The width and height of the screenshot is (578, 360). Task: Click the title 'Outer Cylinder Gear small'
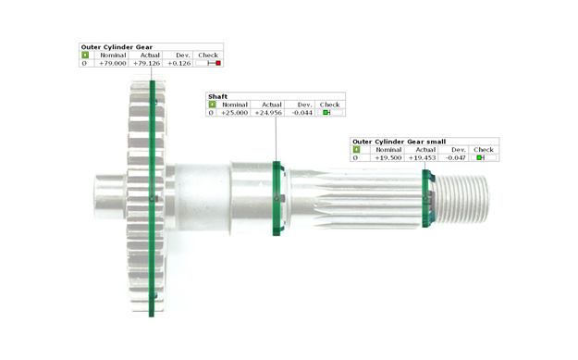pyautogui.click(x=399, y=142)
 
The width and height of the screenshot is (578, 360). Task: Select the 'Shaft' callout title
pyautogui.click(x=218, y=96)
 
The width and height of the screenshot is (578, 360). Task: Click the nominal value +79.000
pyautogui.click(x=113, y=64)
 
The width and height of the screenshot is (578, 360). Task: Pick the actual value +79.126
pyautogui.click(x=146, y=64)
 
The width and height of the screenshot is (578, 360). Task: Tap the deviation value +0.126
pyautogui.click(x=179, y=64)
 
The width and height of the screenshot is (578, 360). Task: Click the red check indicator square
pyautogui.click(x=218, y=63)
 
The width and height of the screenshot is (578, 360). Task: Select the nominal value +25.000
pyautogui.click(x=234, y=113)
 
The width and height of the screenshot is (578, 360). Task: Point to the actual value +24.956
pyautogui.click(x=268, y=113)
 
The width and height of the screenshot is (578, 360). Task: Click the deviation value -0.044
pyautogui.click(x=301, y=113)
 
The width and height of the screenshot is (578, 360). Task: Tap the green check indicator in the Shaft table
pyautogui.click(x=326, y=113)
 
